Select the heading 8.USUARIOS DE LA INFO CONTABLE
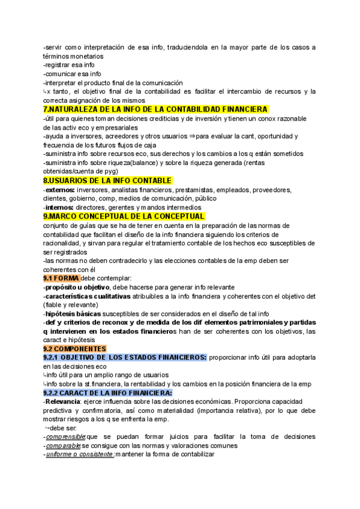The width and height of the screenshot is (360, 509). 107,181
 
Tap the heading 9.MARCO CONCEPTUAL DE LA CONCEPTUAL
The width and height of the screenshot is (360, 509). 124,216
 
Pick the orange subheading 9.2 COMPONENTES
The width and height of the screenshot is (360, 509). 74,349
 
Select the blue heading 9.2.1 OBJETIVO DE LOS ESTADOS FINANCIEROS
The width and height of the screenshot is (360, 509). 125,358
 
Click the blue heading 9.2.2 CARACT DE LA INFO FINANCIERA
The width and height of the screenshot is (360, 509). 107,393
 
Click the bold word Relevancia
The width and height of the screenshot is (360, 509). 66,402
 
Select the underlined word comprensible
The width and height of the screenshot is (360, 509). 68,437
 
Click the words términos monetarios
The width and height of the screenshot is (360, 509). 73,56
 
